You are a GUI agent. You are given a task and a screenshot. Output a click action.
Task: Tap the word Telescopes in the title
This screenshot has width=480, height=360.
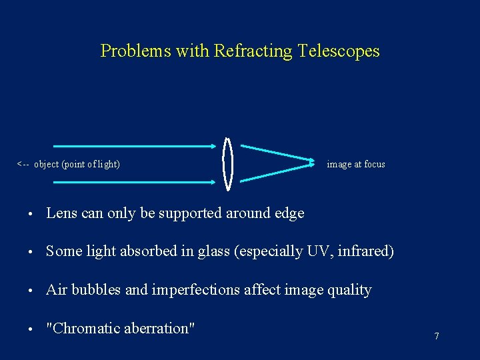pyautogui.click(x=338, y=51)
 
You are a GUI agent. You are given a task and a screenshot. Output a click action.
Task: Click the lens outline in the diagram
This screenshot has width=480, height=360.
pyautogui.click(x=228, y=163)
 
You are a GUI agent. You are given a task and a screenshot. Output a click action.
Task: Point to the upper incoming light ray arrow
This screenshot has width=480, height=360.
pyautogui.click(x=133, y=145)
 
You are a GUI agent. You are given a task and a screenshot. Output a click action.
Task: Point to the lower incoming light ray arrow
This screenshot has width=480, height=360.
pyautogui.click(x=133, y=181)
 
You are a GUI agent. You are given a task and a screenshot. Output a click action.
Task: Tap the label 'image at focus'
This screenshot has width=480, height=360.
pyautogui.click(x=356, y=164)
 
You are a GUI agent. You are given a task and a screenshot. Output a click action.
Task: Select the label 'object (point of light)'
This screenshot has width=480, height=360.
pyautogui.click(x=77, y=164)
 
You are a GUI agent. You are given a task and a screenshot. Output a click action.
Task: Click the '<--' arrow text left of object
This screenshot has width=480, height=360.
pyautogui.click(x=23, y=164)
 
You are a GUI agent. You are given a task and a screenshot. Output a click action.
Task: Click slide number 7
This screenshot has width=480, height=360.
pyautogui.click(x=437, y=336)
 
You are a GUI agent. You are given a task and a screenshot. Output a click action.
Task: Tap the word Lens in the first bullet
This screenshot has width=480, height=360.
pyautogui.click(x=62, y=213)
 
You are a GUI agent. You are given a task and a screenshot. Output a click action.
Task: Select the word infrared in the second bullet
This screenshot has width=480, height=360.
pyautogui.click(x=367, y=251)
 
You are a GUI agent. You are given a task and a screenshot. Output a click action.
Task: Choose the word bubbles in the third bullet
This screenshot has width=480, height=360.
pyautogui.click(x=95, y=290)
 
